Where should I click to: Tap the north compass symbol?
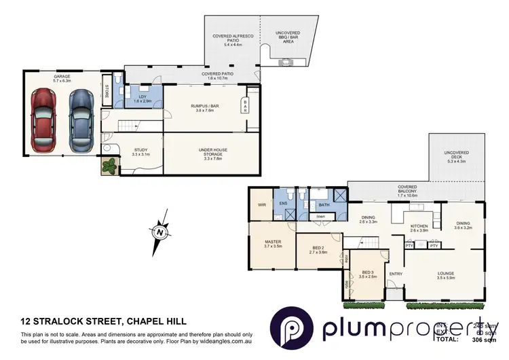point(159,231)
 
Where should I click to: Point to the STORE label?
point(106,90)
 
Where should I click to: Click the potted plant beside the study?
point(109,165)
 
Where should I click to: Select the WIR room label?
point(261,204)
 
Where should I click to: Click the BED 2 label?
point(318,249)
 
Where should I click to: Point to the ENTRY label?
point(396,274)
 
